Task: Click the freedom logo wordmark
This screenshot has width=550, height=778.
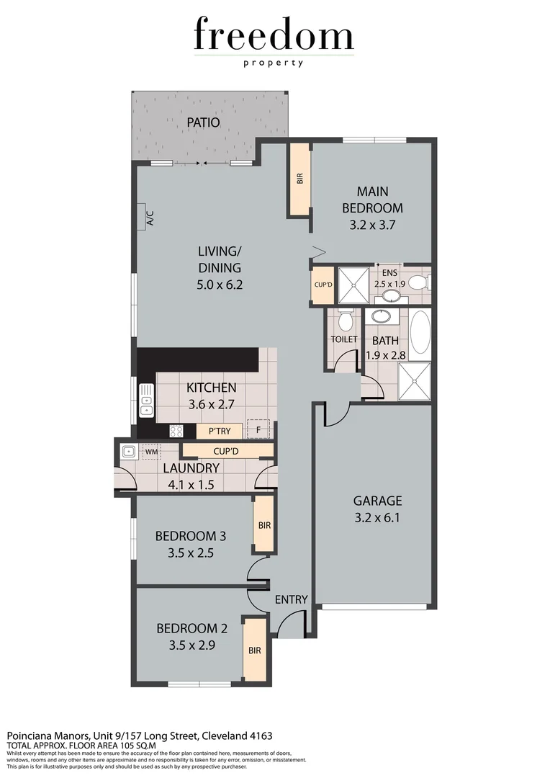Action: [x=274, y=36]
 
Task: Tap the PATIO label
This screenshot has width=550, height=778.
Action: [x=202, y=122]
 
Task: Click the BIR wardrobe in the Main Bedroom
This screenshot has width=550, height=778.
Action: [x=299, y=179]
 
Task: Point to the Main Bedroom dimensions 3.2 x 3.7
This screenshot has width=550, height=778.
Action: [x=372, y=225]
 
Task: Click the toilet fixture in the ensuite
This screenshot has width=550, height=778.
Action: [x=417, y=282]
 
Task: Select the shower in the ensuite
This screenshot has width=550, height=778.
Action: [x=353, y=285]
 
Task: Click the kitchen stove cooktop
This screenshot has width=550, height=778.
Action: [x=176, y=431]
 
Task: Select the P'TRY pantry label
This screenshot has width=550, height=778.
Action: [x=219, y=432]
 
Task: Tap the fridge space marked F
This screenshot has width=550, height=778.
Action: [x=258, y=429]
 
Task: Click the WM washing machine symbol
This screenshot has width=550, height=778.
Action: [x=150, y=452]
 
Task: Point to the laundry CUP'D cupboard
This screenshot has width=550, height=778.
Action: [x=227, y=451]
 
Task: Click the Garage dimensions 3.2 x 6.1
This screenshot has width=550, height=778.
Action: [x=377, y=517]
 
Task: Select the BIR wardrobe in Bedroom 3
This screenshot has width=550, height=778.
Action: [x=264, y=526]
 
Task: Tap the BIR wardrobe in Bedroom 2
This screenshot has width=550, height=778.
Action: [x=254, y=649]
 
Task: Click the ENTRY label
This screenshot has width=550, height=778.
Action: [x=292, y=599]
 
